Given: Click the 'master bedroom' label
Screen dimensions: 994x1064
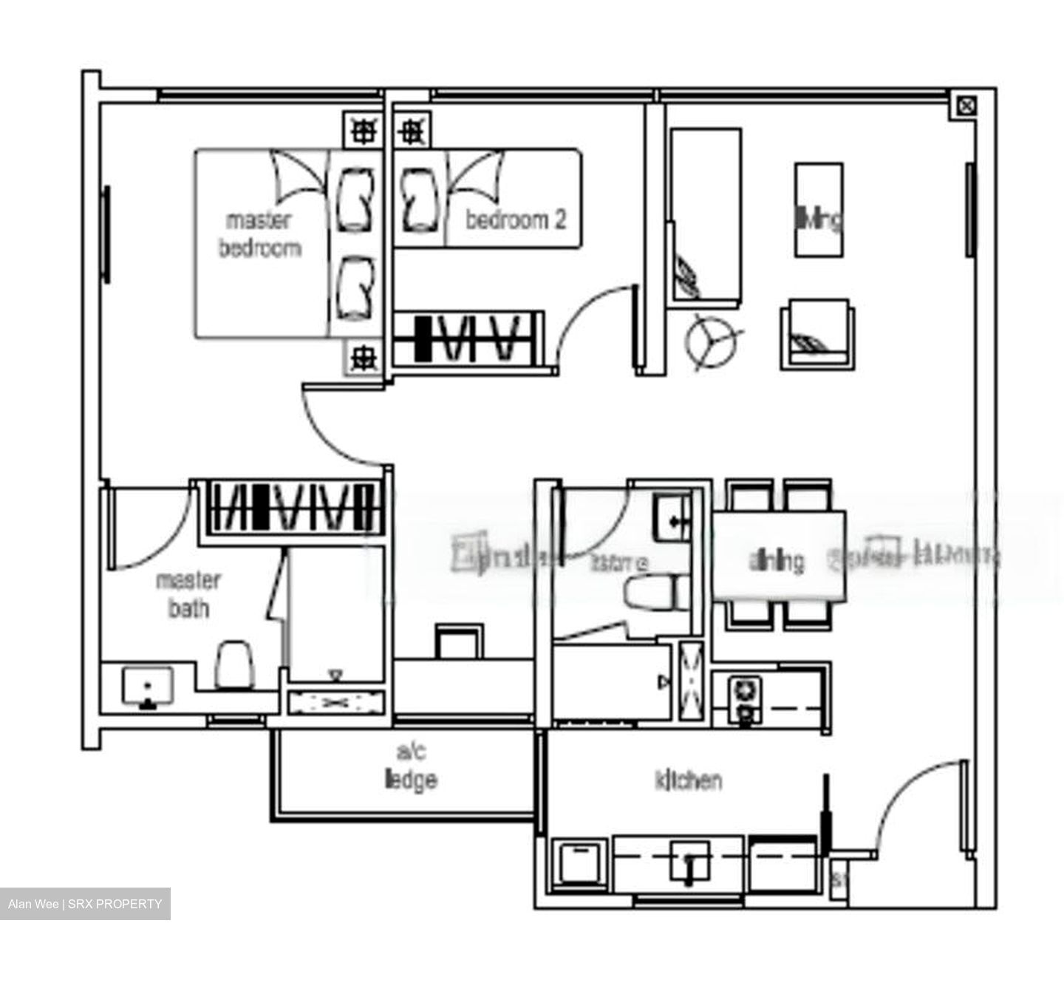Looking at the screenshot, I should click(x=259, y=234).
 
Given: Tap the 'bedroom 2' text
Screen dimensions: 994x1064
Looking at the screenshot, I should click(x=516, y=219).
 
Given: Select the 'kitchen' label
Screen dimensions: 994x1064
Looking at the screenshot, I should click(x=688, y=780).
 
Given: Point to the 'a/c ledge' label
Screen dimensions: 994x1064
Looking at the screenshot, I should click(x=411, y=766).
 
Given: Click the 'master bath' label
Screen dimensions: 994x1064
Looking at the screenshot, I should click(x=188, y=595).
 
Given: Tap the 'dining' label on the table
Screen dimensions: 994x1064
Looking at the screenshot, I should click(x=777, y=561).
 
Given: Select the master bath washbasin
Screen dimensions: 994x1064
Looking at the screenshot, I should click(x=148, y=686).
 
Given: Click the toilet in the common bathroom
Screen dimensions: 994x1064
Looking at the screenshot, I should click(x=652, y=593).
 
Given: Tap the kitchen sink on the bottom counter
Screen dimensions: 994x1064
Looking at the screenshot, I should click(x=689, y=860).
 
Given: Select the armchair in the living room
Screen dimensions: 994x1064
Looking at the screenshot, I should click(x=817, y=335).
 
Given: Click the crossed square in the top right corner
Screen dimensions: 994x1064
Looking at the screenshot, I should click(x=965, y=106).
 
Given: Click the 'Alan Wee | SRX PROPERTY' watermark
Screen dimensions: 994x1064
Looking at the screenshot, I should click(x=85, y=904).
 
